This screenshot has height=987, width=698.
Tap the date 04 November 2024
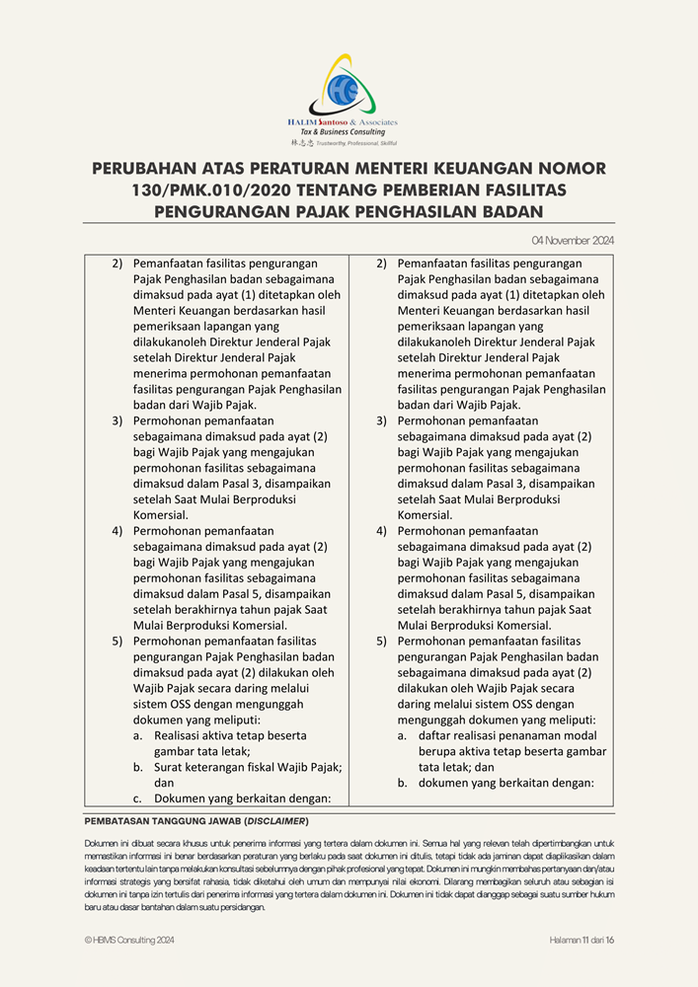point(573,241)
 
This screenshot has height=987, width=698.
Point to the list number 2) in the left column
point(116,264)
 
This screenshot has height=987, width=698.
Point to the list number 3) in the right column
point(381,420)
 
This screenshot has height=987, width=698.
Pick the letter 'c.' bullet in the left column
point(138,798)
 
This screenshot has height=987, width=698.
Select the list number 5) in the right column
point(381,641)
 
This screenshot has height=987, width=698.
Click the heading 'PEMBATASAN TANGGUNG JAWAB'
point(163,821)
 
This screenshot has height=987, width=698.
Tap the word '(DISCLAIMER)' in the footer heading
point(276,821)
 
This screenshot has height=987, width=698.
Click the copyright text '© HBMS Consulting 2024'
point(129,941)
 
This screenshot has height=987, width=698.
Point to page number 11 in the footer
point(585,941)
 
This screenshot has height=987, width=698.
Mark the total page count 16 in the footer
point(610,941)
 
